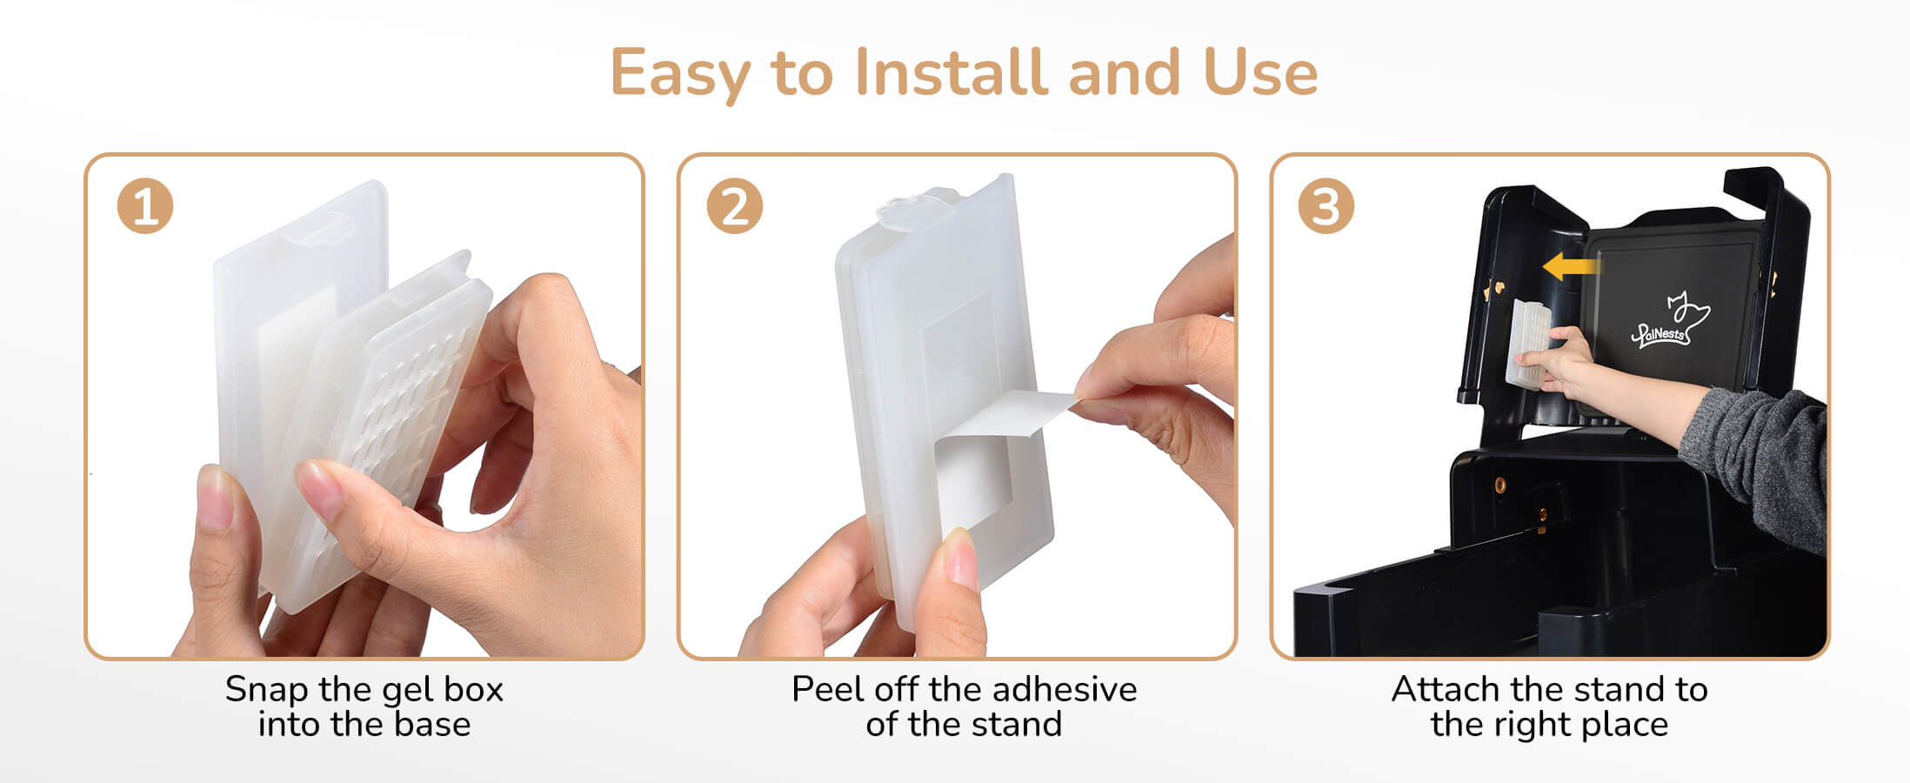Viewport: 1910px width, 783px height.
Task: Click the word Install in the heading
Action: tap(952, 71)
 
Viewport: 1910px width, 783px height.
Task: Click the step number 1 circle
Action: tap(145, 207)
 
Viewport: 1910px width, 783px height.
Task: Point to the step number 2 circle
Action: tap(735, 207)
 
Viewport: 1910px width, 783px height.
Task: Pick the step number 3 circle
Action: tap(1326, 207)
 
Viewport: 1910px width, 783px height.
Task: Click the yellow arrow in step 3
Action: tap(1572, 267)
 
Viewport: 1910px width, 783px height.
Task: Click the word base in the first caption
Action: tap(432, 725)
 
